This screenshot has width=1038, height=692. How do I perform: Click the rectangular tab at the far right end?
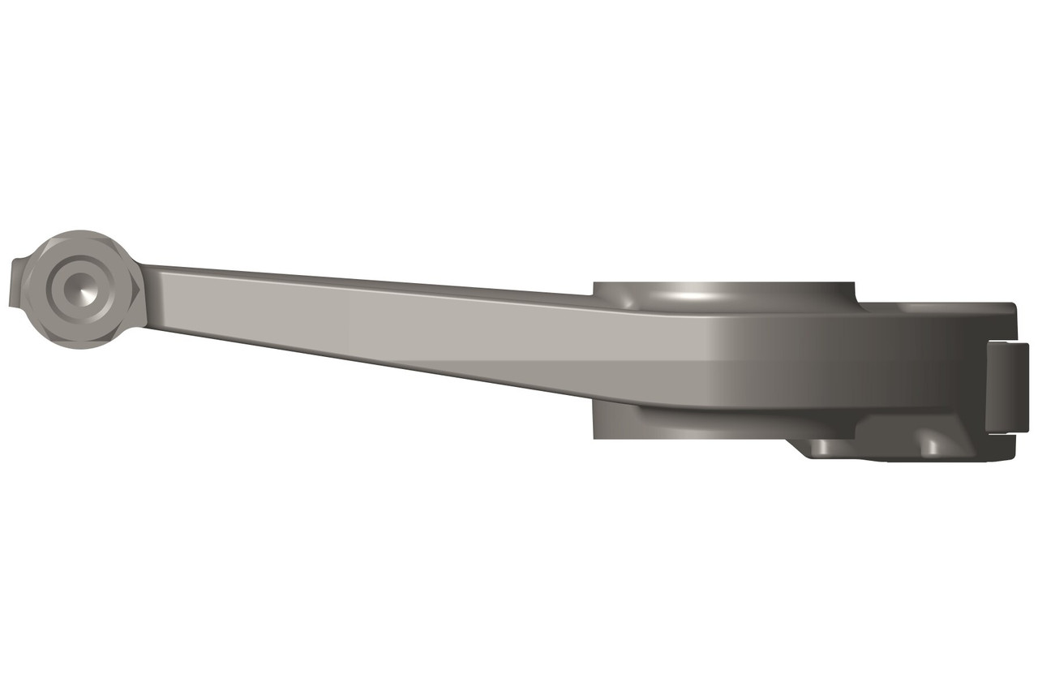(1007, 386)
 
